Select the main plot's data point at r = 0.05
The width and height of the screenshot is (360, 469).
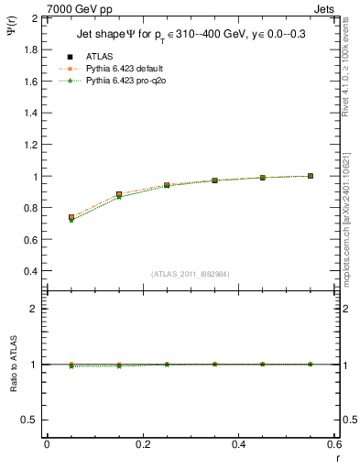(71, 218)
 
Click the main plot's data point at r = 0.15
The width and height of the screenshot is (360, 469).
(119, 194)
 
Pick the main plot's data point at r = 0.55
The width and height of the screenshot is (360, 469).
(311, 176)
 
